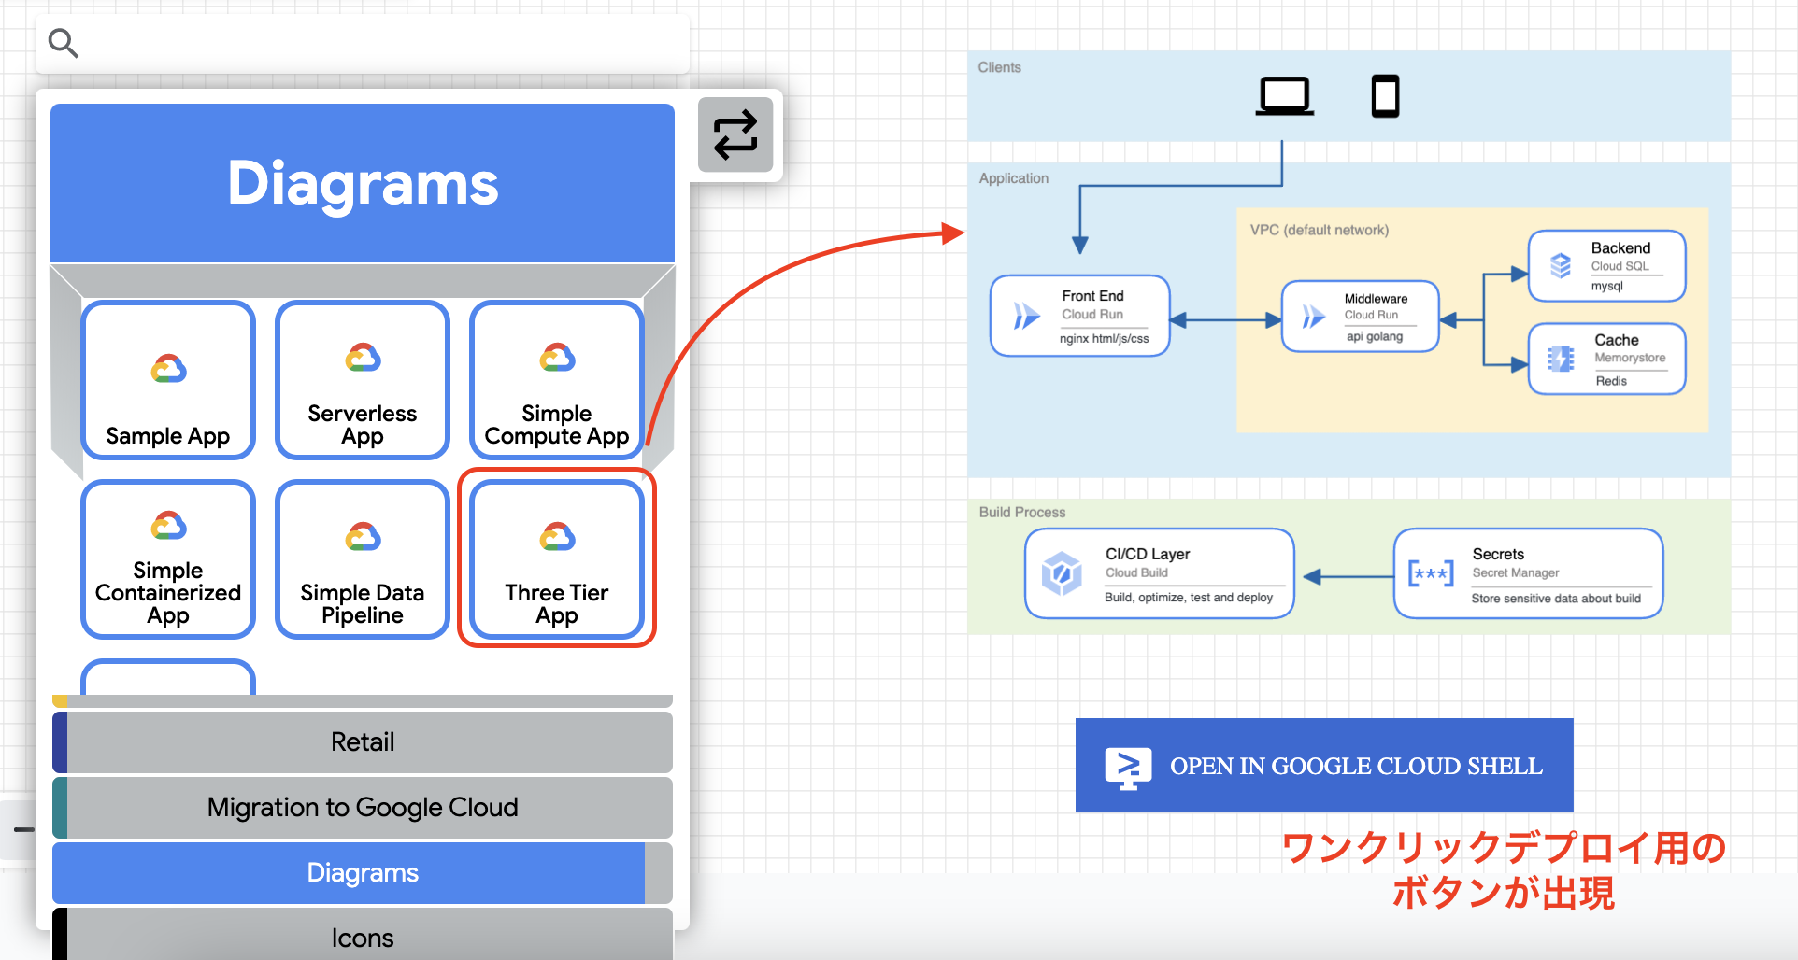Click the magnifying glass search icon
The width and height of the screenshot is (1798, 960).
(x=63, y=42)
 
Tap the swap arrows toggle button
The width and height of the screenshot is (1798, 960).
(x=735, y=134)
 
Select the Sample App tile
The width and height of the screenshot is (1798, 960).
(x=168, y=380)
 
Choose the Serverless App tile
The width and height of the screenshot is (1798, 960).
(x=363, y=380)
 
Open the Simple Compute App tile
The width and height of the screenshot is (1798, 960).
(x=557, y=380)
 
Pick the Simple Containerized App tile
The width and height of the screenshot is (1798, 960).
(x=168, y=559)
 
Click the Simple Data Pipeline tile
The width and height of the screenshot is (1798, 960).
(x=363, y=559)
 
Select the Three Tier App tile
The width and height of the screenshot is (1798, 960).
(x=557, y=559)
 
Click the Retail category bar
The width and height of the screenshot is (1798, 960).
(x=363, y=741)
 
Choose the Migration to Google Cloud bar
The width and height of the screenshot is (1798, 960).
(x=363, y=807)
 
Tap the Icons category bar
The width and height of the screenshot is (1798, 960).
(x=363, y=937)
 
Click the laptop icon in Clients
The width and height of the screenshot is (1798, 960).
(x=1284, y=95)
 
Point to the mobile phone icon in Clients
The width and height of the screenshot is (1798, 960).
(x=1385, y=95)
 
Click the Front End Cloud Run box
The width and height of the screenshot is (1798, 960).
(x=1080, y=316)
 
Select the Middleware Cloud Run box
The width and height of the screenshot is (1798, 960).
(x=1361, y=317)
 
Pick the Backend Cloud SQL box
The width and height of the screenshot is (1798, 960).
(x=1606, y=266)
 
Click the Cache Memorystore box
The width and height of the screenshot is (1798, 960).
(x=1606, y=359)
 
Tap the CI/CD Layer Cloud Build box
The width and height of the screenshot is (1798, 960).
(x=1159, y=573)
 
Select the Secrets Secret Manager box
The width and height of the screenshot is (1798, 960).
(x=1528, y=573)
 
